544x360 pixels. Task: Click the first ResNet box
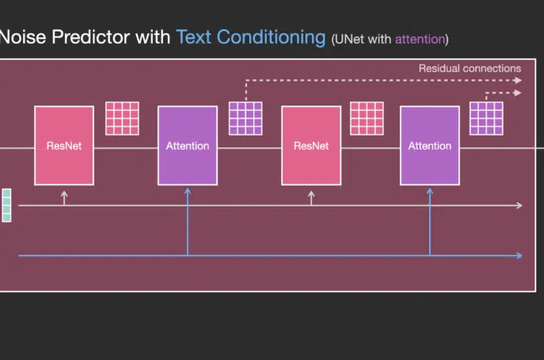[x=64, y=146]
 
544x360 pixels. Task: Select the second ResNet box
[x=311, y=146]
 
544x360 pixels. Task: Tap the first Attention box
[x=188, y=146]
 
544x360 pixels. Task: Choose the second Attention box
[x=430, y=146]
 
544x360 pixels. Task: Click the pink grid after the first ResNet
[x=122, y=118]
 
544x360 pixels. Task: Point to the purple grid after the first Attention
[x=245, y=118]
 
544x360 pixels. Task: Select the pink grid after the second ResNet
[x=367, y=118]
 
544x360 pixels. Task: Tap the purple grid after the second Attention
[x=486, y=118]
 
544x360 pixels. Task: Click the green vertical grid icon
[x=6, y=205]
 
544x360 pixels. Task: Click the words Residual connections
[x=470, y=68]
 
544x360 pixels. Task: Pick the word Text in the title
[x=193, y=37]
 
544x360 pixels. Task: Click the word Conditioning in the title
[x=272, y=38]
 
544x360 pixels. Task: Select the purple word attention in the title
[x=420, y=40]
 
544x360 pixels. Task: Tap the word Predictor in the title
[x=90, y=36]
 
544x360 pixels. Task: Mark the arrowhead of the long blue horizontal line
[x=519, y=256]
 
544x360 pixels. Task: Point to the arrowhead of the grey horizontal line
[x=519, y=205]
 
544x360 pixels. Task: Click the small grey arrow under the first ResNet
[x=64, y=198]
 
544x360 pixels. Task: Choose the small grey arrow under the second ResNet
[x=311, y=198]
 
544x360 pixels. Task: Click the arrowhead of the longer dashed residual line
[x=518, y=81]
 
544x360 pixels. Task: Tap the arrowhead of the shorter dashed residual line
[x=518, y=93]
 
